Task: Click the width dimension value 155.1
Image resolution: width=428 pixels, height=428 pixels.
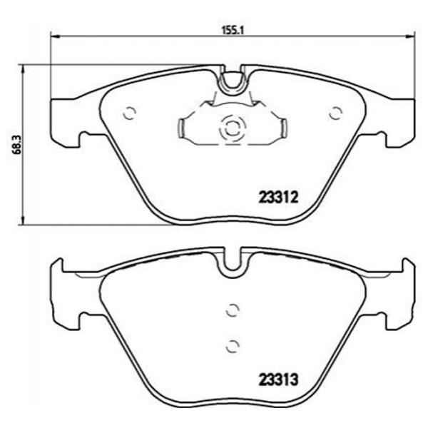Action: (x=230, y=31)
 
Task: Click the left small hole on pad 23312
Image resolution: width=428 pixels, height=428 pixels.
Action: (x=129, y=113)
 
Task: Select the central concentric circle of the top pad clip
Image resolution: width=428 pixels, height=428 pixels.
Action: (x=231, y=129)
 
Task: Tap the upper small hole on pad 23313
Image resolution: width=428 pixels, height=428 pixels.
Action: (x=231, y=310)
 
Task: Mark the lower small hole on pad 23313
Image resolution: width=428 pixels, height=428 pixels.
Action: (x=231, y=346)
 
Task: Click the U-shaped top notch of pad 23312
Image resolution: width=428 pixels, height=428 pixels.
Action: (x=231, y=81)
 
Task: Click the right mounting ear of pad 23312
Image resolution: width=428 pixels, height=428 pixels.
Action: (x=398, y=118)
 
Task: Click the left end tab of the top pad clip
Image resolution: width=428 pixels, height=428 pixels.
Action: (x=181, y=128)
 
